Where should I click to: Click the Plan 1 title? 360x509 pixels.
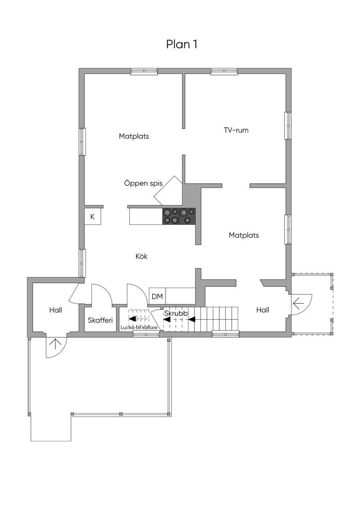(182, 44)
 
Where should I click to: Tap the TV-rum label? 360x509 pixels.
(236, 130)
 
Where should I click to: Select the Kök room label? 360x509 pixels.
(142, 256)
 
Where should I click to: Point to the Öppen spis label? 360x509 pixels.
(143, 183)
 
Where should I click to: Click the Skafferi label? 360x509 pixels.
(100, 321)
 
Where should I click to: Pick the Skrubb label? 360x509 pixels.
(176, 314)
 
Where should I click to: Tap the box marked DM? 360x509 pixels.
(157, 296)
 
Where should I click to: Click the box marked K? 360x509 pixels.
(92, 217)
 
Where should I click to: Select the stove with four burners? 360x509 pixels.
(179, 216)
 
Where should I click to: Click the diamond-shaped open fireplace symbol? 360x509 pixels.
(169, 191)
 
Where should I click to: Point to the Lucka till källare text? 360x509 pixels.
(139, 328)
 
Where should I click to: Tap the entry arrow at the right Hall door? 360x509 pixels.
(298, 304)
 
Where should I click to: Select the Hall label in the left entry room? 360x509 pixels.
(56, 310)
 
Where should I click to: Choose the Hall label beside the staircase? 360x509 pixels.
(263, 310)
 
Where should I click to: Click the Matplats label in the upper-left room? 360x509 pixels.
(134, 136)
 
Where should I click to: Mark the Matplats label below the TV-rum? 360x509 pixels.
(244, 235)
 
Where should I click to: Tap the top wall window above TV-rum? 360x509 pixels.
(224, 72)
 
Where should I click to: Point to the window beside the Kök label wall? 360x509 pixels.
(83, 263)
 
